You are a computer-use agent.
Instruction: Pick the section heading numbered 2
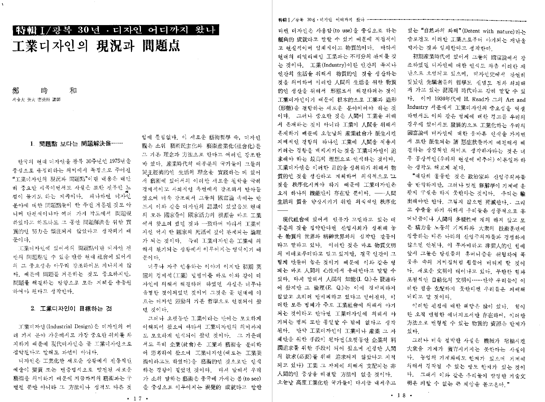pyautogui.click(x=71, y=309)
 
